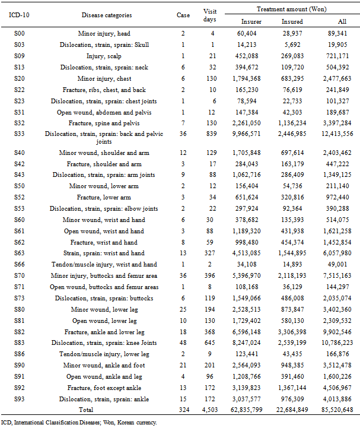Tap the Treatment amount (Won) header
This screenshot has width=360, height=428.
291,9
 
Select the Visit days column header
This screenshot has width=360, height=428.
210,15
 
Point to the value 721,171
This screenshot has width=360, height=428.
339,56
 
